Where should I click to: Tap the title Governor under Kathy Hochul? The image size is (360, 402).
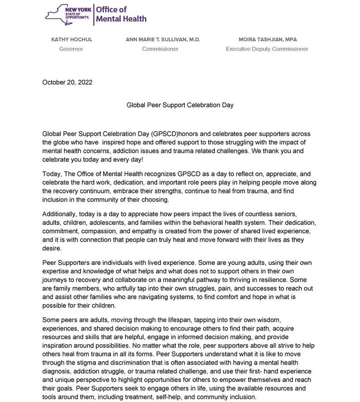coord(71,49)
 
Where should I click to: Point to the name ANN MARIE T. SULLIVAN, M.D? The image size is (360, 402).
coord(163,40)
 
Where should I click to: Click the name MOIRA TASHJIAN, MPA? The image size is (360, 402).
coord(267,40)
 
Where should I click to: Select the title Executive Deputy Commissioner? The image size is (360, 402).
coord(267,49)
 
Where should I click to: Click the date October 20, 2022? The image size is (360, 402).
coord(67,82)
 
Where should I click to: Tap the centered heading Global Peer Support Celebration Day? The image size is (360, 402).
coord(180,106)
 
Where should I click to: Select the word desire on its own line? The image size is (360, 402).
coord(52,248)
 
